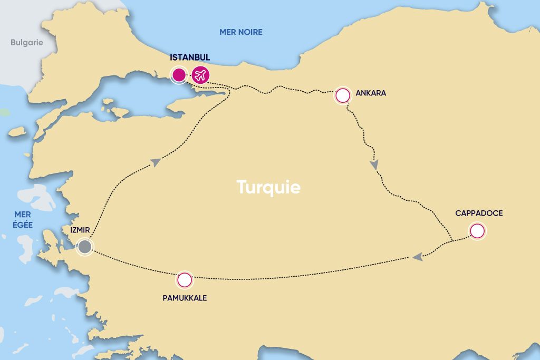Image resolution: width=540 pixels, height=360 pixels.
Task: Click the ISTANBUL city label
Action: click(190, 57)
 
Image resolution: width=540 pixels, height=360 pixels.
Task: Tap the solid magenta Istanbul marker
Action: click(179, 75)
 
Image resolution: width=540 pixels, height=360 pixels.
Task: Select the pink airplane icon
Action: click(200, 75)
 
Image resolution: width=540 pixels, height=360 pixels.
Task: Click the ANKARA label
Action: click(371, 93)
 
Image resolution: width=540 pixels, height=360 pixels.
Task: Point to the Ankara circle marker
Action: click(343, 95)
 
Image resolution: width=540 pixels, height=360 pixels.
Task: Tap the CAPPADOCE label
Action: click(479, 213)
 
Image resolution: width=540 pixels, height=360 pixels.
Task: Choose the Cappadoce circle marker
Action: click(477, 231)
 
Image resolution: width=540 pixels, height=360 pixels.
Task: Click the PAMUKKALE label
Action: click(185, 298)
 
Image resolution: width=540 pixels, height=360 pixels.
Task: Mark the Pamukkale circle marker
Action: click(184, 280)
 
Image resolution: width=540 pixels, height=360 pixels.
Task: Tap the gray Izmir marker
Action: click(84, 247)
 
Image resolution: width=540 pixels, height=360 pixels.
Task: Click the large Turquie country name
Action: click(268, 187)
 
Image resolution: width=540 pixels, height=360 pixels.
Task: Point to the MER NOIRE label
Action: click(240, 32)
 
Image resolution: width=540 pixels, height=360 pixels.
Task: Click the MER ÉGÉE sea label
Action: click(23, 220)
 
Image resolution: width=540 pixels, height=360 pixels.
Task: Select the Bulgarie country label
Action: click(26, 43)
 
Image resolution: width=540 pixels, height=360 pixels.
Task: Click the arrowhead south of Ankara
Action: click(374, 165)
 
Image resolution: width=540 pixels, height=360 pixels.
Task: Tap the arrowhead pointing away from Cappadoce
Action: click(417, 257)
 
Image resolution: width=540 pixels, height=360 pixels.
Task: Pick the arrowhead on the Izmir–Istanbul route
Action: click(156, 163)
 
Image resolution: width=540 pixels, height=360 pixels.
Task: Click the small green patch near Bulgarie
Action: click(4, 113)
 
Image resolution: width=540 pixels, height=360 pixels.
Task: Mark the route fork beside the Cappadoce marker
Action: click(453, 241)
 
